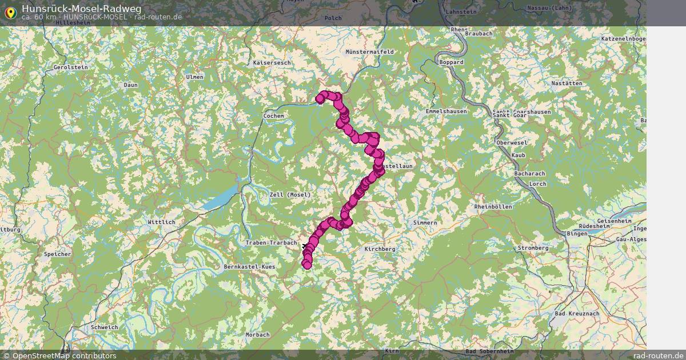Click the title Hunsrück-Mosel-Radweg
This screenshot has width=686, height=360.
tap(82, 8)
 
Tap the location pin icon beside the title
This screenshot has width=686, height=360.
tap(10, 13)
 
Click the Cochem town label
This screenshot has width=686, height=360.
tap(273, 116)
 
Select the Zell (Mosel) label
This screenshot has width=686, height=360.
tap(290, 195)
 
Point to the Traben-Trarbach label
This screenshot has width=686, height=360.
tap(271, 243)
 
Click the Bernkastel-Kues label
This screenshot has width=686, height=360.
tap(250, 267)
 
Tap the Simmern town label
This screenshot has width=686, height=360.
tap(425, 222)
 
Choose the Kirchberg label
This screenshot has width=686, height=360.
tap(380, 250)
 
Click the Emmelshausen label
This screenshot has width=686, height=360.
tap(446, 111)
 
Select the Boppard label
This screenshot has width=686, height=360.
tap(452, 62)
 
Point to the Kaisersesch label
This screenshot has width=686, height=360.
tap(272, 62)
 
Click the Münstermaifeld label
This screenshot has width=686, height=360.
tap(370, 52)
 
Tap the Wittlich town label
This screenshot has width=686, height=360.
tap(161, 222)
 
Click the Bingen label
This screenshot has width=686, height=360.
tap(573, 234)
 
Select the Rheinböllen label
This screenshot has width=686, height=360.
tap(493, 207)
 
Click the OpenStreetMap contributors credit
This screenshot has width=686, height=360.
tap(59, 355)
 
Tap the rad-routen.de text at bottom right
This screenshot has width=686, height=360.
tap(658, 355)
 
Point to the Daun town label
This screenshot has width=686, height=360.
tap(130, 85)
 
